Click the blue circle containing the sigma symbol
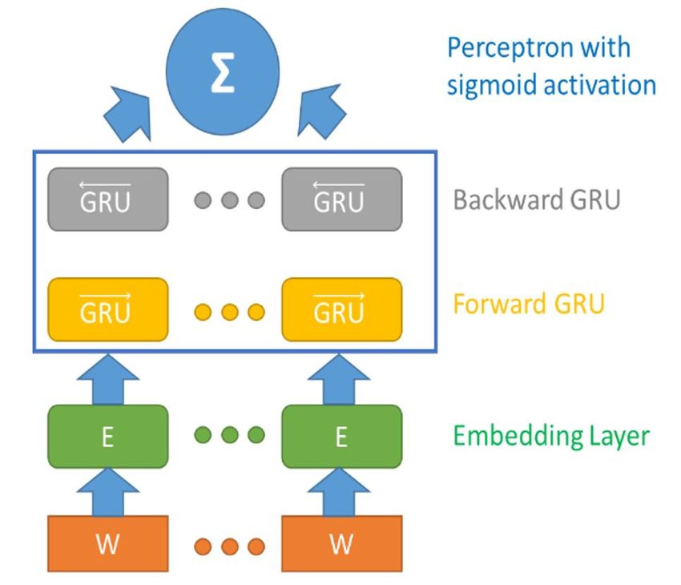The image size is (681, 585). [223, 71]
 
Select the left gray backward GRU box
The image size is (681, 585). [107, 200]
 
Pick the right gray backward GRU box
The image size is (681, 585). [342, 200]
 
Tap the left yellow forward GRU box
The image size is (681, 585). [107, 309]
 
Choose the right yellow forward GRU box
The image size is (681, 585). [342, 309]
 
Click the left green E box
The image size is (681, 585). [107, 437]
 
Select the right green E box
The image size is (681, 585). [342, 437]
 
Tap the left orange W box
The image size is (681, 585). [107, 544]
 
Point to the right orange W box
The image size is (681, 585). [342, 544]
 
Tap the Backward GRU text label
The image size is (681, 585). [537, 200]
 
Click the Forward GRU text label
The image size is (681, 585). [529, 304]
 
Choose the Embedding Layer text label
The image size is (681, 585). [551, 436]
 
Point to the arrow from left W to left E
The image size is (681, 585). [107, 492]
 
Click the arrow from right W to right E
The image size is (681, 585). [339, 492]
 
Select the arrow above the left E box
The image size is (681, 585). [107, 379]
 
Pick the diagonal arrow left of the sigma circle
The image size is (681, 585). [128, 114]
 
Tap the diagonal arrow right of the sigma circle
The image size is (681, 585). [321, 111]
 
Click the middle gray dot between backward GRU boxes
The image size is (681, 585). [230, 200]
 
